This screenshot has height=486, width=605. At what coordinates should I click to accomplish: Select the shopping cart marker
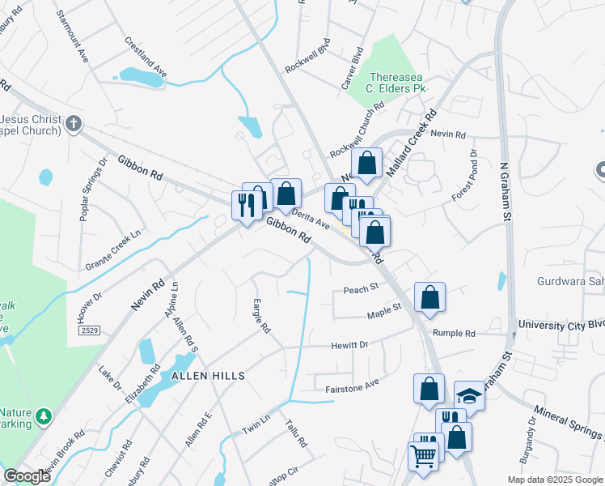click(424, 458)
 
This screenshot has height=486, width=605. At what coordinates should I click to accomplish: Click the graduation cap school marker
click(468, 395)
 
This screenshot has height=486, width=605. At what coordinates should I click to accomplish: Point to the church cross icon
click(74, 124)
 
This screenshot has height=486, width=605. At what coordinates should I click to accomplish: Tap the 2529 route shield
click(90, 331)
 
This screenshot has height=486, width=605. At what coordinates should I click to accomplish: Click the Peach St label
click(361, 288)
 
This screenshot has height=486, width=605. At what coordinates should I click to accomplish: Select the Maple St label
click(384, 309)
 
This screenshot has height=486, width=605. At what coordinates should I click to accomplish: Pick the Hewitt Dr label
click(349, 345)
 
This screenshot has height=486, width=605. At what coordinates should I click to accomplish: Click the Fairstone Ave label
click(352, 386)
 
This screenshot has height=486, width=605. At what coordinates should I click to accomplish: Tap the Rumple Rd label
click(454, 333)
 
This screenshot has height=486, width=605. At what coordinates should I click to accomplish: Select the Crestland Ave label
click(146, 57)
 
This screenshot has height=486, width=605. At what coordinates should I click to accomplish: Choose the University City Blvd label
click(561, 325)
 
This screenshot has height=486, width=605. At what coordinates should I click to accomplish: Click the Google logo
click(27, 476)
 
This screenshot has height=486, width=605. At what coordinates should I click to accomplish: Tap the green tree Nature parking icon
click(44, 416)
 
